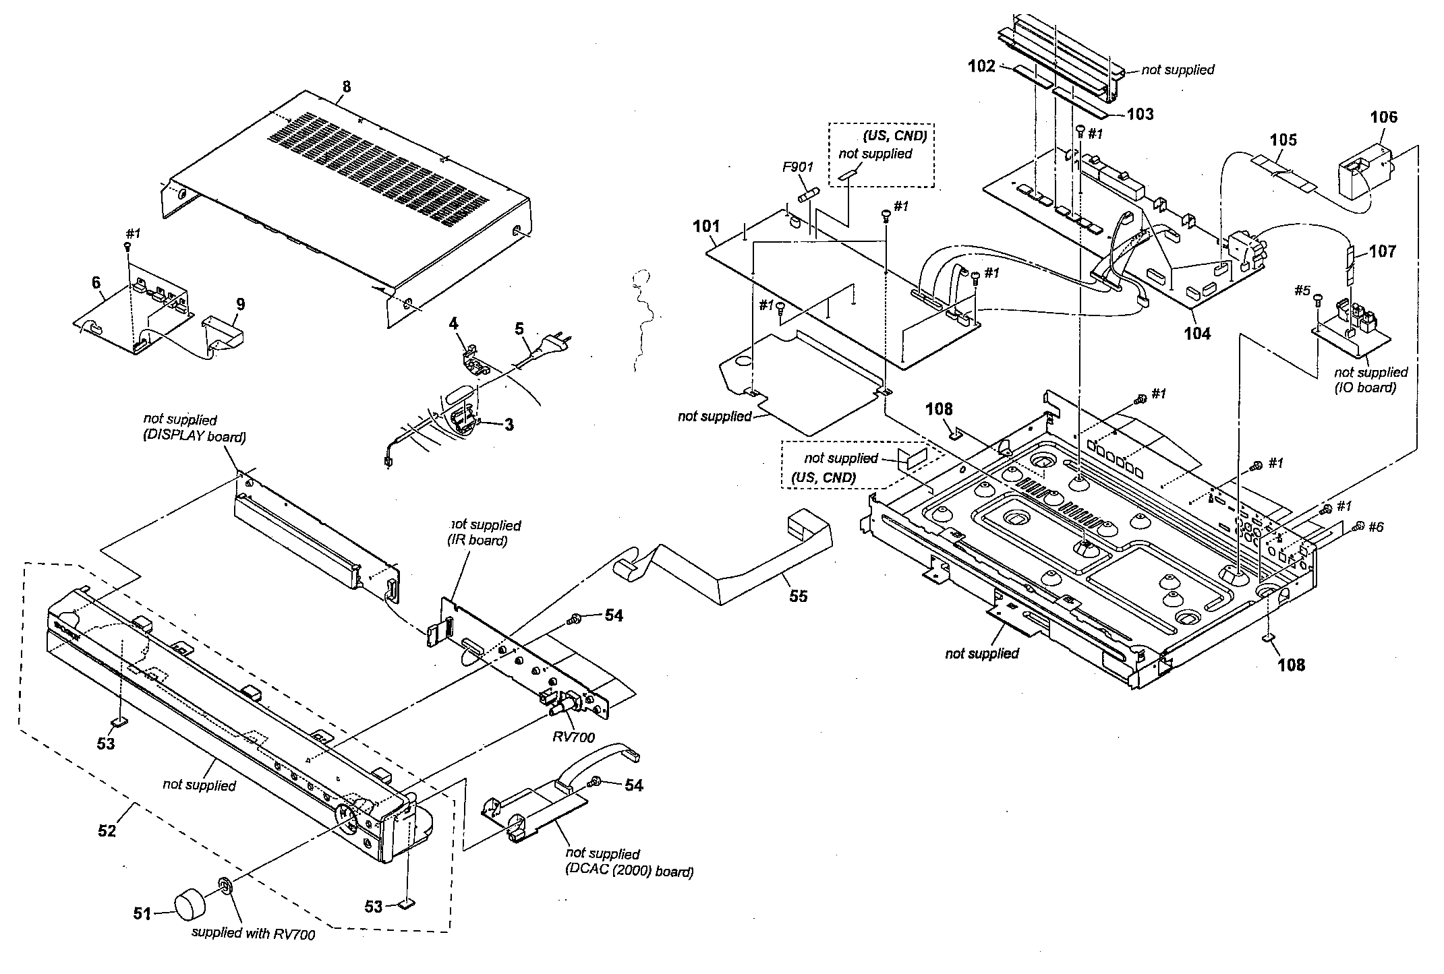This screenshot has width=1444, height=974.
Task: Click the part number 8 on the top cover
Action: pyautogui.click(x=347, y=87)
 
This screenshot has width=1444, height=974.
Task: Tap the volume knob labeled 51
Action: pyautogui.click(x=194, y=903)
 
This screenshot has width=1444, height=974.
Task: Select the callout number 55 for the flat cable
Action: pyautogui.click(x=798, y=596)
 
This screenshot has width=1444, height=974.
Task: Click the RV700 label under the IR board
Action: pyautogui.click(x=573, y=737)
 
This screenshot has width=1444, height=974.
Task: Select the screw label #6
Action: pyautogui.click(x=1375, y=527)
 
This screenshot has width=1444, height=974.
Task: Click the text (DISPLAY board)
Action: pyautogui.click(x=194, y=437)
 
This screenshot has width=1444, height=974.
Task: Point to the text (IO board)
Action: pyautogui.click(x=1366, y=388)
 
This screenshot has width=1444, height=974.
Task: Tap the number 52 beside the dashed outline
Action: pyautogui.click(x=107, y=830)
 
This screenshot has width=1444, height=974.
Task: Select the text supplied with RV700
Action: pyautogui.click(x=253, y=934)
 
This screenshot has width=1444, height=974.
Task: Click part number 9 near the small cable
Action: pyautogui.click(x=240, y=304)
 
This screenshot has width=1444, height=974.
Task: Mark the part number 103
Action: pyautogui.click(x=1140, y=115)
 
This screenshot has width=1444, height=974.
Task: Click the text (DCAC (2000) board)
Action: pyautogui.click(x=629, y=872)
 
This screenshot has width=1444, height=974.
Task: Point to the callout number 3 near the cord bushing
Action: pyautogui.click(x=509, y=425)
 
